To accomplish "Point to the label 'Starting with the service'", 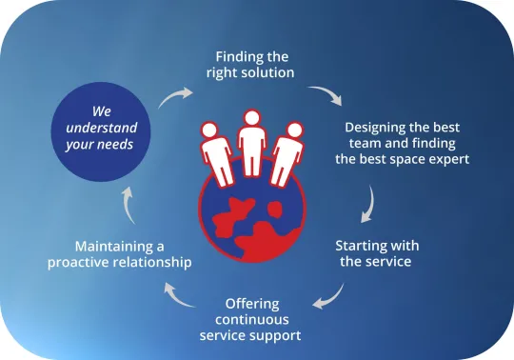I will tap(377, 253).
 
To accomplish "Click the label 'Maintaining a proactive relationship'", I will tap(120, 253).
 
